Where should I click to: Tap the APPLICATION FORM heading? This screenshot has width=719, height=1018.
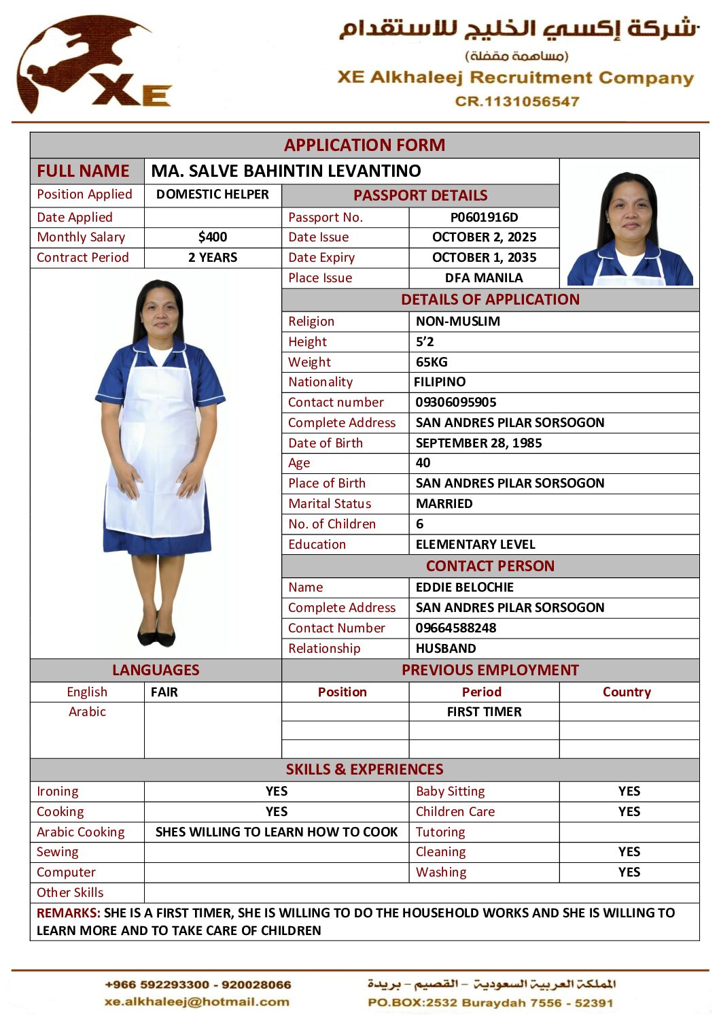(364, 145)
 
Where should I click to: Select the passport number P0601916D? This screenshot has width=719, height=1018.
(484, 217)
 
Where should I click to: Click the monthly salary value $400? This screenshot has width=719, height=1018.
(213, 237)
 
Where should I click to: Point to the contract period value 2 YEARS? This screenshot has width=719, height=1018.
(213, 257)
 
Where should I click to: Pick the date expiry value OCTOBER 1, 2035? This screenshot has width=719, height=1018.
(484, 257)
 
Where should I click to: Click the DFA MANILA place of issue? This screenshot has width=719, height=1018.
(484, 277)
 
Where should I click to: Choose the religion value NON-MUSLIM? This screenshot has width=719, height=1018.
(458, 321)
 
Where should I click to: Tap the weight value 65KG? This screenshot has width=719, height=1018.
(432, 362)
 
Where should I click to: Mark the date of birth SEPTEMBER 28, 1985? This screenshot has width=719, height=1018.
(478, 443)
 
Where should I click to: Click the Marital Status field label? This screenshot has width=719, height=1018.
(330, 503)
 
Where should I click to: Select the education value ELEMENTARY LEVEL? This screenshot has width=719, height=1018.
(475, 544)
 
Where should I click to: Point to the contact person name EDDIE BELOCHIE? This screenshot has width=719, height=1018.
(464, 587)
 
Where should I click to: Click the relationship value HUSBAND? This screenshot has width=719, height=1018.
(446, 648)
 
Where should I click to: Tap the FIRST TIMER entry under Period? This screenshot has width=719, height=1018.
(484, 711)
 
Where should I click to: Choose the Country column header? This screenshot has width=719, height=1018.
(627, 692)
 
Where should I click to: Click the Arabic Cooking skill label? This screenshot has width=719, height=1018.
(81, 832)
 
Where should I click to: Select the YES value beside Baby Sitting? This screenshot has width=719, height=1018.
(629, 791)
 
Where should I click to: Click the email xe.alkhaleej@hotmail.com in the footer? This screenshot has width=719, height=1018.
(197, 1001)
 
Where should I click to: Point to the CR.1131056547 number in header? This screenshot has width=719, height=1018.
(517, 101)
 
